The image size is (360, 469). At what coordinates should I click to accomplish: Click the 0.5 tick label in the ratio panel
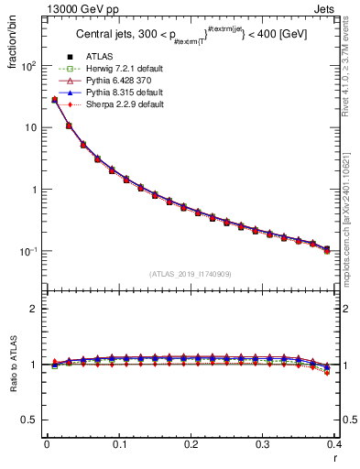(x=31, y=420)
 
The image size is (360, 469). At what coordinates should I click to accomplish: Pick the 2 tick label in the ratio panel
(x=35, y=309)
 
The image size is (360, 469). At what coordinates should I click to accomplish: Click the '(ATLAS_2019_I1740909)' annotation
(x=191, y=274)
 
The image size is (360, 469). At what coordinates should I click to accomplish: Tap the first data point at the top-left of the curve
(x=54, y=100)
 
